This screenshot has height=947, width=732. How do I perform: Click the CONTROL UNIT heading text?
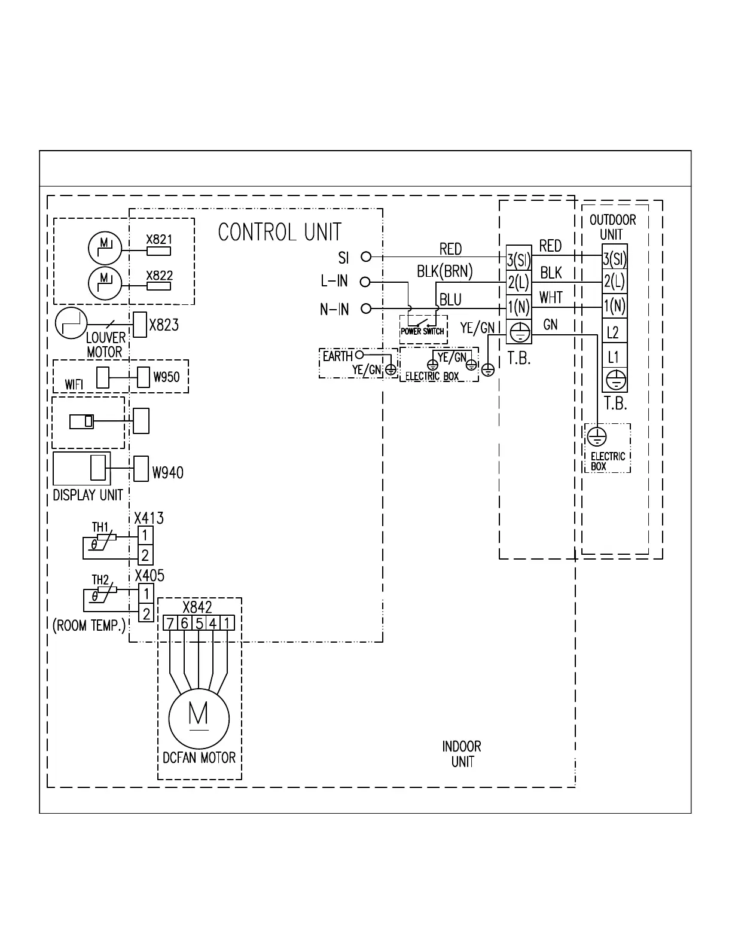279,232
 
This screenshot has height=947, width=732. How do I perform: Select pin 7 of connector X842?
170,624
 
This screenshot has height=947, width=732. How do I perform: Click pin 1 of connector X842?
227,624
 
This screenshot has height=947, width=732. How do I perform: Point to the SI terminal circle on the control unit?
367,256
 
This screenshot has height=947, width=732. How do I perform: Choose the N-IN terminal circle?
367,308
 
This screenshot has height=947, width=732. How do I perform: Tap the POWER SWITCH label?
422,331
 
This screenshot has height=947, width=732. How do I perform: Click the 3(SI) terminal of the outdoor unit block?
614,259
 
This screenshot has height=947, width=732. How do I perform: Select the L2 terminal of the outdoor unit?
614,332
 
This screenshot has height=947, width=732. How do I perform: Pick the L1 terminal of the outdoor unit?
614,357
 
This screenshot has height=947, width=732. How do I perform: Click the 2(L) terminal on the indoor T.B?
518,282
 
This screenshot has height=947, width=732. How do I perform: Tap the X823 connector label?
163,325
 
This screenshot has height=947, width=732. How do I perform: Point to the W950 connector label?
166,377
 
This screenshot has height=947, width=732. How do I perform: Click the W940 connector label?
167,473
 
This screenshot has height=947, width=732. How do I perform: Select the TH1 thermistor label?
100,527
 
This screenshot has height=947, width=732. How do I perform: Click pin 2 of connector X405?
145,613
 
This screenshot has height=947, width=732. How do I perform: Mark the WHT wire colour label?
551,297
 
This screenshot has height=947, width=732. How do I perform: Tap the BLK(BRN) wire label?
444,272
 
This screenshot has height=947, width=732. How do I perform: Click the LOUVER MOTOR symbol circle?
72,323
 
